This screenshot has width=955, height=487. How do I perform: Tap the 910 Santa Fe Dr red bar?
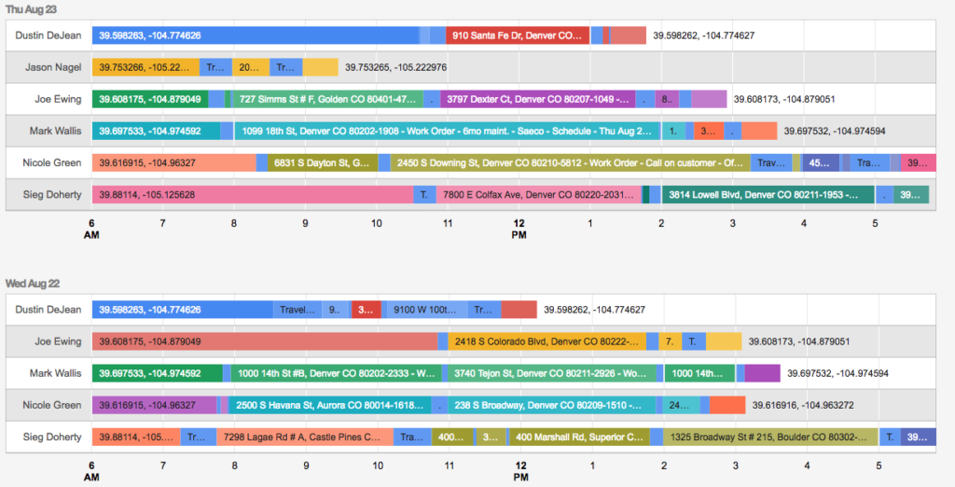click(518, 35)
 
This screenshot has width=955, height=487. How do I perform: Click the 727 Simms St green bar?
click(327, 99)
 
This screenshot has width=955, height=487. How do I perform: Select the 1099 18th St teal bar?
click(447, 131)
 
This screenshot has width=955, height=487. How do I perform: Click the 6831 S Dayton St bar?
click(323, 162)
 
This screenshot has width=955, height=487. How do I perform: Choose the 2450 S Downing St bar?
click(570, 162)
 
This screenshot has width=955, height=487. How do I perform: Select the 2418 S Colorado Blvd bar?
click(547, 341)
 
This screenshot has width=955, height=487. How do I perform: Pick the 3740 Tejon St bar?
click(550, 373)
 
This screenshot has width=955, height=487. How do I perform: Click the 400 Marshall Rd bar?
click(577, 437)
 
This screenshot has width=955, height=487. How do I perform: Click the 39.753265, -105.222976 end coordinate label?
click(395, 67)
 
